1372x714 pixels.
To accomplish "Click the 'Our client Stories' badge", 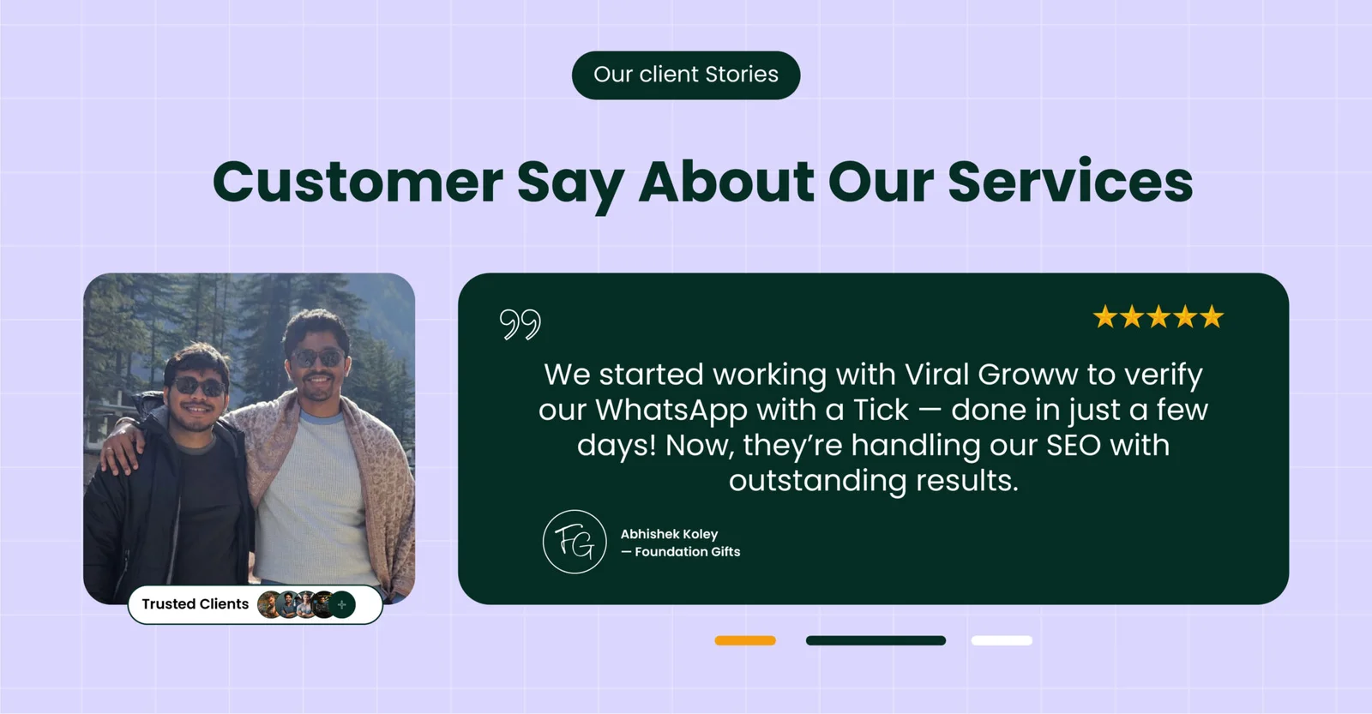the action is [686, 75].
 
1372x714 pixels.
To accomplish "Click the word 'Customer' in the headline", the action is [358, 182].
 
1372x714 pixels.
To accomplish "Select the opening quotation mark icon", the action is [520, 324].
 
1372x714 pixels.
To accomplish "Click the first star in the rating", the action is [1105, 317].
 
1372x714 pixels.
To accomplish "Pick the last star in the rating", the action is [1212, 317].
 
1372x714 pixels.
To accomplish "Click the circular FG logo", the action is [575, 542].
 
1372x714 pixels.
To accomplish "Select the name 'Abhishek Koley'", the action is [669, 534].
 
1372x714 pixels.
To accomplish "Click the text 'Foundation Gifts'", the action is [687, 552].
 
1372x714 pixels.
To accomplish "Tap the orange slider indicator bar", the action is [745, 640].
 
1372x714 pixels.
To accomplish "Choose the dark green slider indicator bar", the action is [876, 640].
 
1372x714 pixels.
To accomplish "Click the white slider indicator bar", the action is [1002, 640].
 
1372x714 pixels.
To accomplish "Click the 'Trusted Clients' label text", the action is [196, 603].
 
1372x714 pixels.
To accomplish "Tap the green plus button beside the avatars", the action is [342, 605].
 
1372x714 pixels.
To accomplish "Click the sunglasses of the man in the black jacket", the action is [198, 387].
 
